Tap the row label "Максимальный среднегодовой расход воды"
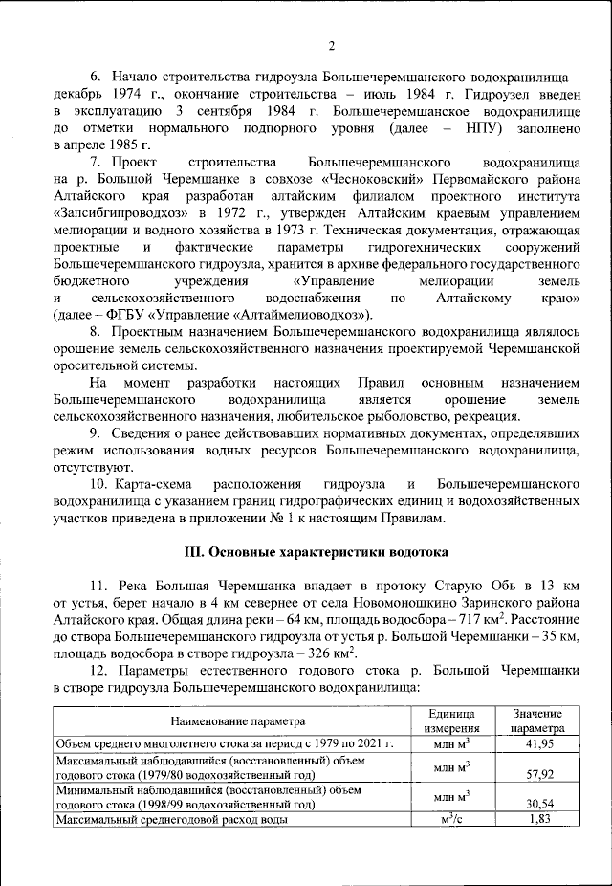tap(172, 820)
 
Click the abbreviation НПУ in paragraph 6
tap(459, 126)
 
